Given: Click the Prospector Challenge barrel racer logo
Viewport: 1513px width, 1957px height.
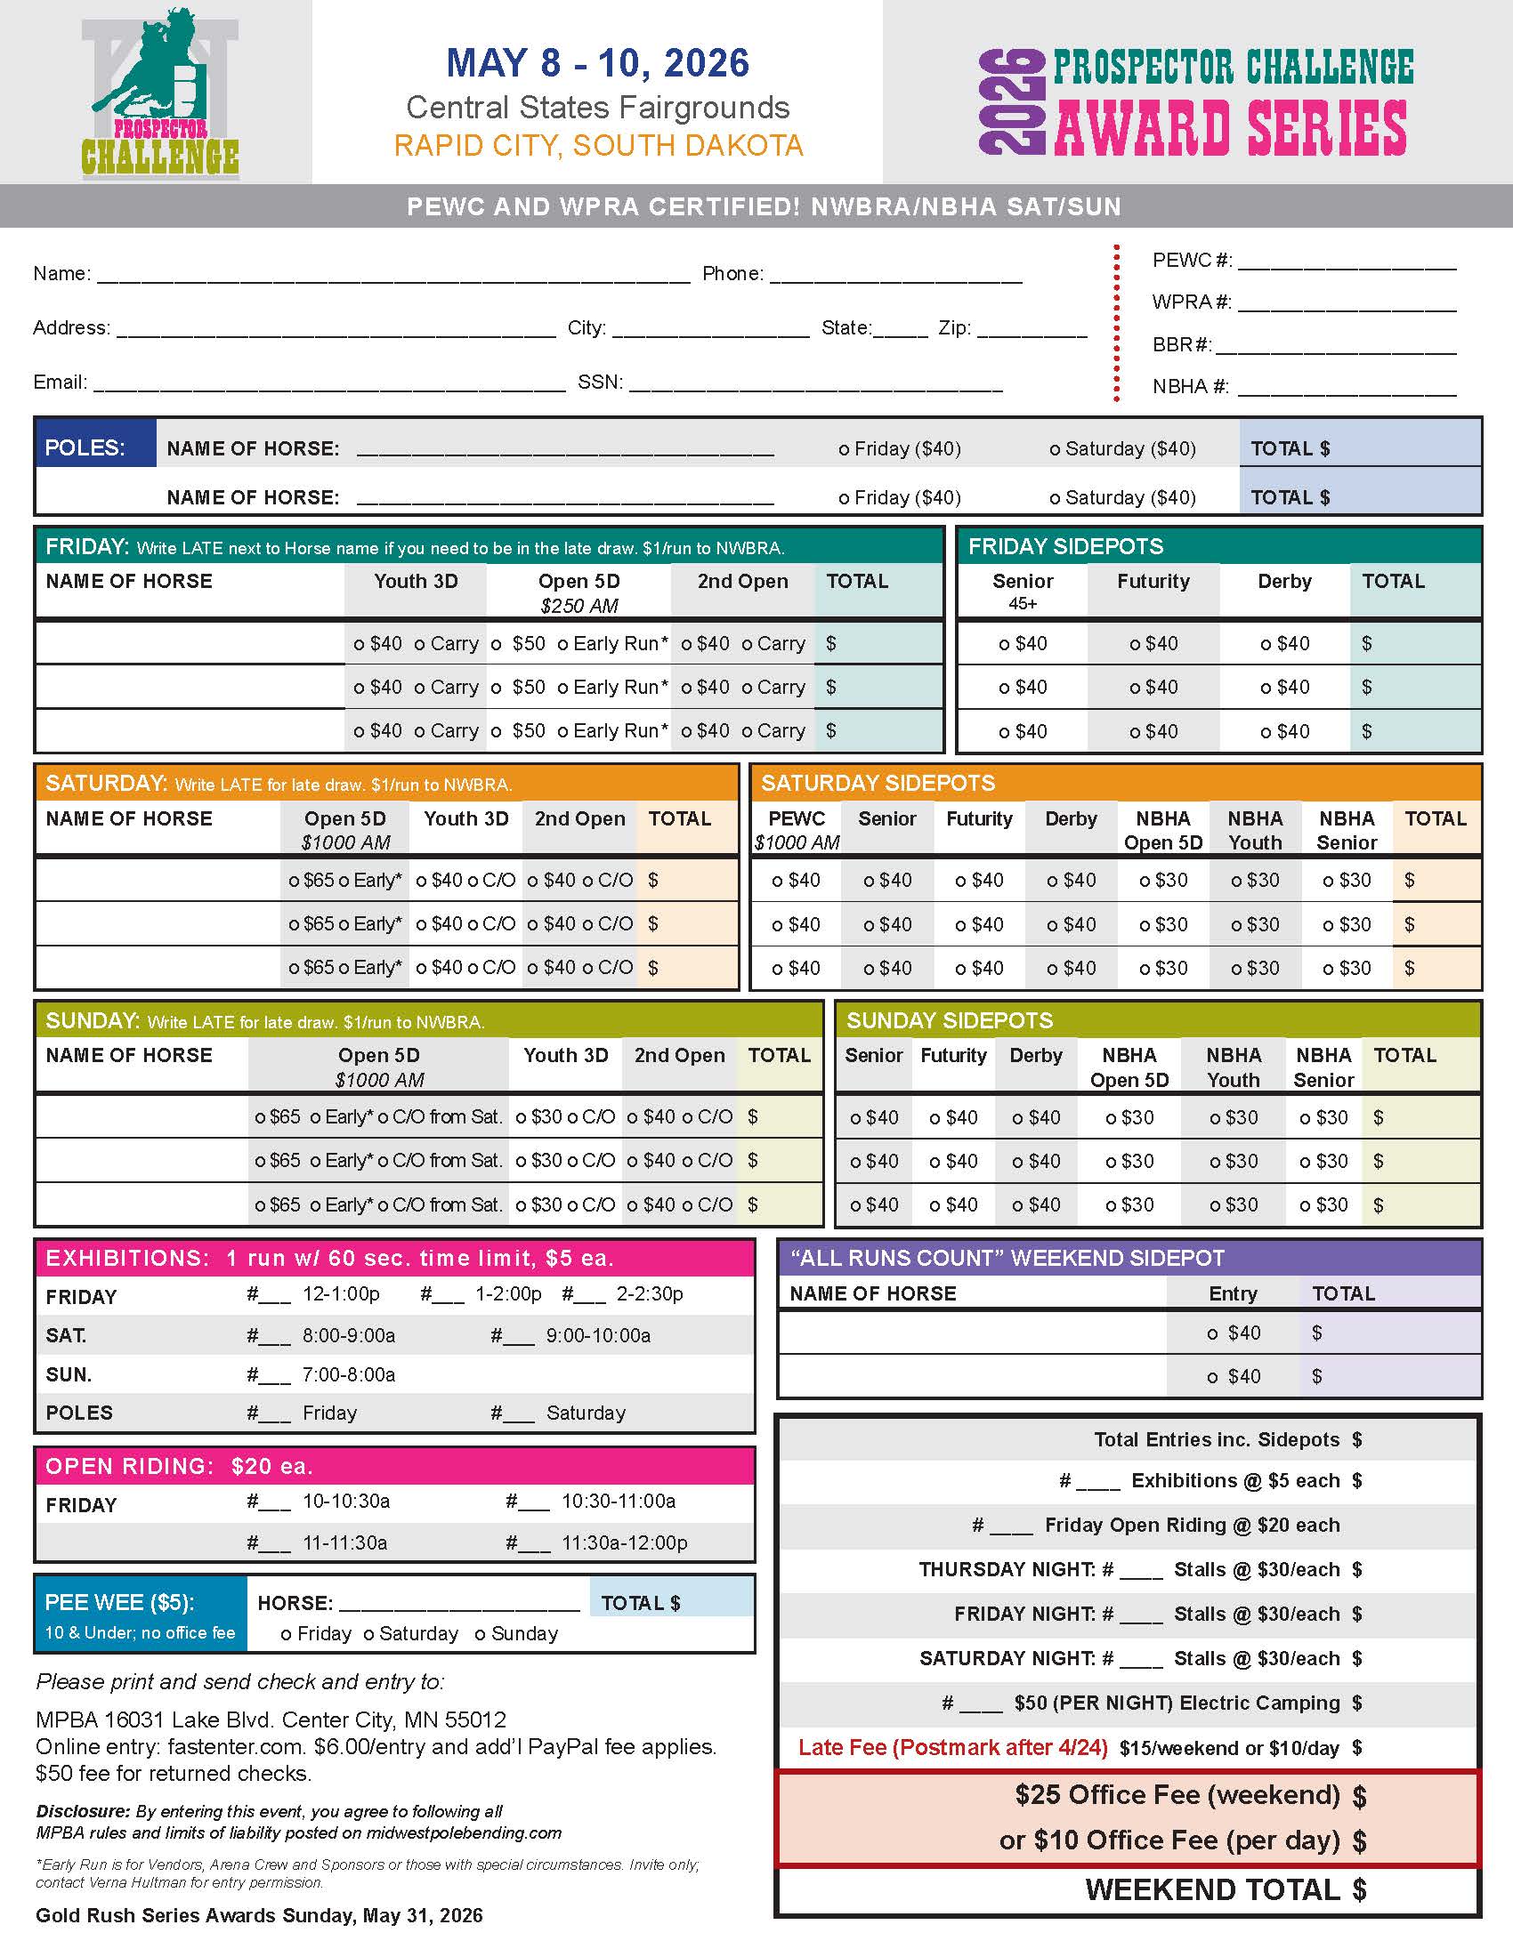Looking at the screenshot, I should (160, 92).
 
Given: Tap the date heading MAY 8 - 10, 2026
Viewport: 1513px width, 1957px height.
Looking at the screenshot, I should (597, 64).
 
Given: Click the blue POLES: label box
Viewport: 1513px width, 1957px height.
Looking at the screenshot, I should (95, 447).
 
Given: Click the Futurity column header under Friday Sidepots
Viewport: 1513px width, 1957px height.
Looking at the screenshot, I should (1153, 582).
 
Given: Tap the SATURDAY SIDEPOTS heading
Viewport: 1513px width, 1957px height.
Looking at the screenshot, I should (878, 783).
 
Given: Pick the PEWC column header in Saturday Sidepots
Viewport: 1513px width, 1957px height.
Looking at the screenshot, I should (796, 819).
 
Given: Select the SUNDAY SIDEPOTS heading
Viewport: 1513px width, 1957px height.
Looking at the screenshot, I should (950, 1020).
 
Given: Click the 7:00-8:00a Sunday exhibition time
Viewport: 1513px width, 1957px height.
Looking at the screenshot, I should (349, 1374).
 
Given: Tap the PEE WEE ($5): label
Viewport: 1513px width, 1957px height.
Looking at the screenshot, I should (119, 1603).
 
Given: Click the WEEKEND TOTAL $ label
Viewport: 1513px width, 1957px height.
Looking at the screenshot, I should (1225, 1889).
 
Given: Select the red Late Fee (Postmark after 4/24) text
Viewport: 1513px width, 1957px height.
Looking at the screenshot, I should (952, 1747).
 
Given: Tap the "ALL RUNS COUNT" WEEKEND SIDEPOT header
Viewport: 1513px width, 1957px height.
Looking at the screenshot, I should (1007, 1258).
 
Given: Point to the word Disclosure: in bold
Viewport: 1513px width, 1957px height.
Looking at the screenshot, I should (83, 1811).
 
